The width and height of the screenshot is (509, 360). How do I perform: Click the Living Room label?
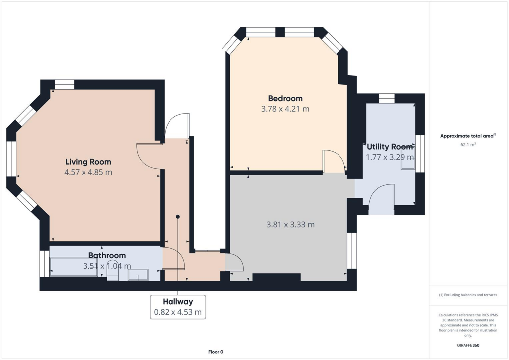[x=88, y=162]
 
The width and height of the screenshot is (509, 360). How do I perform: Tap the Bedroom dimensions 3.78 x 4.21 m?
[x=285, y=109]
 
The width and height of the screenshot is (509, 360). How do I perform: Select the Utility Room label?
[x=390, y=147]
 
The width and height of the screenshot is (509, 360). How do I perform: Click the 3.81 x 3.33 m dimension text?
[x=291, y=224]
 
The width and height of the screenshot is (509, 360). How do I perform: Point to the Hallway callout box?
[x=177, y=307]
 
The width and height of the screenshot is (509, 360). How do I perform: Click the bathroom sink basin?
[x=138, y=275]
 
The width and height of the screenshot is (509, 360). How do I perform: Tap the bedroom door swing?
[x=333, y=161]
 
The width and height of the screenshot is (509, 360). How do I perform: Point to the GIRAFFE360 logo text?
[x=469, y=345]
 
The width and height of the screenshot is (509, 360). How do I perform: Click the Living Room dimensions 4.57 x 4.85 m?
[x=88, y=172]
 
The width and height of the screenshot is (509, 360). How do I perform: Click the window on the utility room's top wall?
[x=386, y=98]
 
